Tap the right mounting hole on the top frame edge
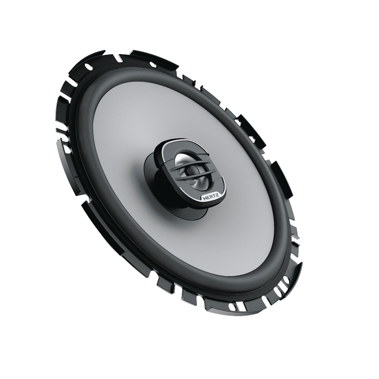tap(153, 64)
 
